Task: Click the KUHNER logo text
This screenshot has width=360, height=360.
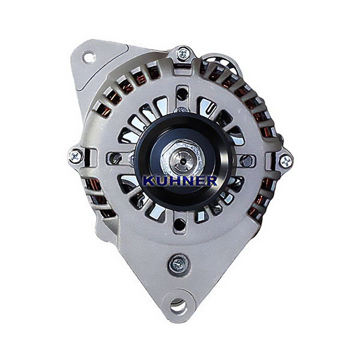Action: coord(180,181)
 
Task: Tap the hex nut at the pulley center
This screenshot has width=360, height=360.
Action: coord(181,158)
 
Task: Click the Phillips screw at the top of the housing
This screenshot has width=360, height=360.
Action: coord(184,54)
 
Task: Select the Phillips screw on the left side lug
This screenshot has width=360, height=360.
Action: coord(76,156)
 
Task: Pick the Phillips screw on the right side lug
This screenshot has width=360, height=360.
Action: coord(286,161)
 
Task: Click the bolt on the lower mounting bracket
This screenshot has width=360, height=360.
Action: coord(179,264)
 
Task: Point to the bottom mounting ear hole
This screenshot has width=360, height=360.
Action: coord(178,306)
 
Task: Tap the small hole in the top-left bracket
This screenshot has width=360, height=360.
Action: coord(89,57)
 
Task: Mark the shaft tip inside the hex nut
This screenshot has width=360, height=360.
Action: coord(181,161)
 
